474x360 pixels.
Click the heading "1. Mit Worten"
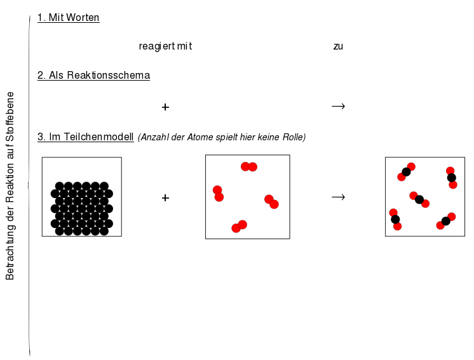(x=69, y=18)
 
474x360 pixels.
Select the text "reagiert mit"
(x=165, y=46)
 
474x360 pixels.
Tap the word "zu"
(x=338, y=46)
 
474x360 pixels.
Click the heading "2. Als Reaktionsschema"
(x=93, y=75)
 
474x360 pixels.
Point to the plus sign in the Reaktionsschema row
(x=165, y=107)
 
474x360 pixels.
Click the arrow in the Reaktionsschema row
(x=338, y=106)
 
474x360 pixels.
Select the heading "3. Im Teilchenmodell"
(x=86, y=137)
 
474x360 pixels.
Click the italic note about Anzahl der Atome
(x=222, y=137)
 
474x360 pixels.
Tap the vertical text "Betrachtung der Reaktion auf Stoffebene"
(x=10, y=186)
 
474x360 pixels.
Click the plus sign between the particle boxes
(x=165, y=198)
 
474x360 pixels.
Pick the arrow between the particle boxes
(x=338, y=197)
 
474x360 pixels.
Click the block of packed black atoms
(x=81, y=208)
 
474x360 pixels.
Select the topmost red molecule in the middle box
(x=249, y=167)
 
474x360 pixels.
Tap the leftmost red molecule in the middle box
(x=219, y=194)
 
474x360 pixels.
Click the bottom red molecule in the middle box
(x=240, y=227)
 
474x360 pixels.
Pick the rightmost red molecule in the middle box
(x=271, y=202)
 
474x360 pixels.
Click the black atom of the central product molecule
(x=419, y=199)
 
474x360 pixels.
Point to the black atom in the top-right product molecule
(x=451, y=178)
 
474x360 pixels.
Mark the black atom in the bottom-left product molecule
(x=395, y=219)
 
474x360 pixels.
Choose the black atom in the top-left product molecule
(x=406, y=172)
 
